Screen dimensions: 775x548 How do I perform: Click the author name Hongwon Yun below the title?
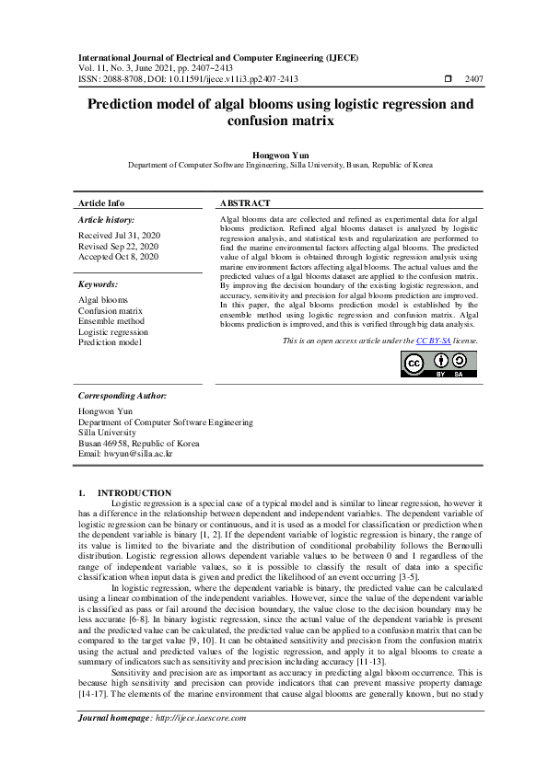(274, 156)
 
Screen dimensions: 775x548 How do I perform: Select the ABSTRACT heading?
(245, 202)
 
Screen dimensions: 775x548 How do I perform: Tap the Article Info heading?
(101, 202)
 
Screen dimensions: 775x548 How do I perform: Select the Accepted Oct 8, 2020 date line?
(118, 257)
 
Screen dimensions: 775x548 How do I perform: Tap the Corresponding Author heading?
(122, 395)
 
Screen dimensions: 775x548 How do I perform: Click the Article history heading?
(106, 221)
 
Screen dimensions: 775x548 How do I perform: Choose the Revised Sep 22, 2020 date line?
(118, 247)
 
